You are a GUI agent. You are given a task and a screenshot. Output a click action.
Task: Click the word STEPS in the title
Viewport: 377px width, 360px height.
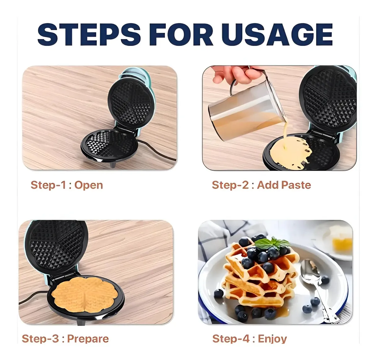(x=89, y=35)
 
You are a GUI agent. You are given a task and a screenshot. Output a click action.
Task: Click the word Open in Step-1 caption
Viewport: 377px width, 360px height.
(x=89, y=186)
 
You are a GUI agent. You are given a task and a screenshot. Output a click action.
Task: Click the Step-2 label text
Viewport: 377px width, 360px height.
(x=230, y=185)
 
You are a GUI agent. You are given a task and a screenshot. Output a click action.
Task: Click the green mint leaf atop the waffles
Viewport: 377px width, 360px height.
(x=272, y=243)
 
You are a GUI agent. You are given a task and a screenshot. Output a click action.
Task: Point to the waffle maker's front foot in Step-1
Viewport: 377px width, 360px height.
(x=113, y=164)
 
